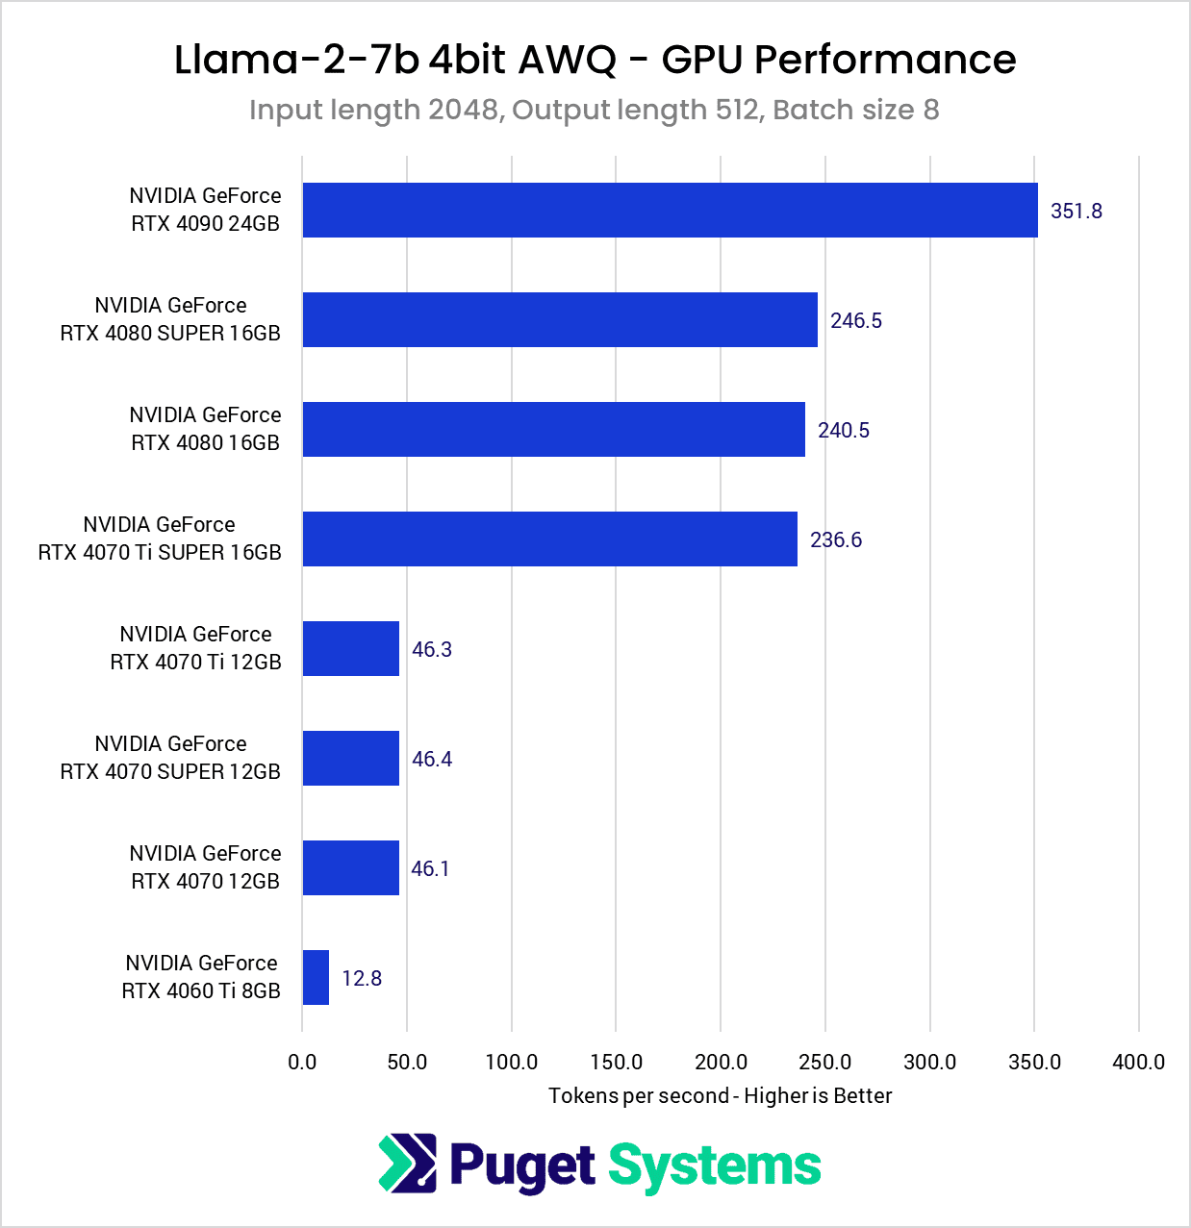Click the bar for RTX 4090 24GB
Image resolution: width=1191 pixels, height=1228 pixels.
click(670, 211)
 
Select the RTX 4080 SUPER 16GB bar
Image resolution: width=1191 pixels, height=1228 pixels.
click(560, 320)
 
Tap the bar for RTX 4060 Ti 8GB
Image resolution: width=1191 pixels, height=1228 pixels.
click(316, 978)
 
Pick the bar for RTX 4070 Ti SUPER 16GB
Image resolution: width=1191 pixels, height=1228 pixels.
click(549, 539)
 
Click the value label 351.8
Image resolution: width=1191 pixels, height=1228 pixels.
click(1076, 212)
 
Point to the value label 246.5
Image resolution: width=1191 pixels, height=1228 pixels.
click(855, 321)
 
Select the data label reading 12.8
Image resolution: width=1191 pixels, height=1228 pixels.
click(362, 979)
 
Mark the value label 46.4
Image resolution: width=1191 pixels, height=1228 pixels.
click(432, 760)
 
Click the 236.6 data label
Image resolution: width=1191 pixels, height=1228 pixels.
click(835, 540)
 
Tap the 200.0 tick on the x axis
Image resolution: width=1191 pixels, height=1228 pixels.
click(721, 1063)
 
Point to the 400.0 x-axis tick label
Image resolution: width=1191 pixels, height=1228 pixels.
click(1138, 1063)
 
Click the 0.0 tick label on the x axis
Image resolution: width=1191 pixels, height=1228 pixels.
click(302, 1063)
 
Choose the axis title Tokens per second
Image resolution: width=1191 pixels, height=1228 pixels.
click(720, 1096)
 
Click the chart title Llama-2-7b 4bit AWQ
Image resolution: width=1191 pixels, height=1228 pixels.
click(595, 60)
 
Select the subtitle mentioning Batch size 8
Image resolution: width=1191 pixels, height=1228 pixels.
click(595, 111)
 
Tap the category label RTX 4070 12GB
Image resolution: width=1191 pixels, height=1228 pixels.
click(205, 867)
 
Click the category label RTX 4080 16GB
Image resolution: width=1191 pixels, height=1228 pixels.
click(205, 429)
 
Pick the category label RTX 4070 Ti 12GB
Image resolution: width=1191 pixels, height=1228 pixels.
click(195, 648)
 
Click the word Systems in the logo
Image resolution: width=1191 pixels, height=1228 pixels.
click(714, 1166)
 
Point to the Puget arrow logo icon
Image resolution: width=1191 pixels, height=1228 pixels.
click(407, 1164)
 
